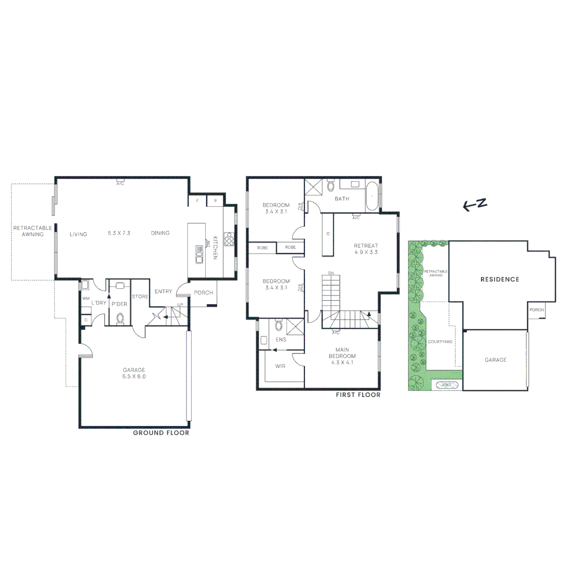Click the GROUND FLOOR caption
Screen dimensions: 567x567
(161, 433)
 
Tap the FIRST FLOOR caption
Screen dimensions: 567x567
(358, 395)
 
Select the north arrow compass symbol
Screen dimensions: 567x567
(475, 205)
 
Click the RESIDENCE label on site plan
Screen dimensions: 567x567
(500, 279)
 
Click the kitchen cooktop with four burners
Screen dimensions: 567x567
(228, 239)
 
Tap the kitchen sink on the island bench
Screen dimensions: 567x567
(199, 254)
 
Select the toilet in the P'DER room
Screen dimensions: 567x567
(120, 318)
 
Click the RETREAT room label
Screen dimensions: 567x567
(366, 246)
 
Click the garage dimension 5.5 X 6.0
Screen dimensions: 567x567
(133, 376)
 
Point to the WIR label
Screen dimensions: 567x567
(280, 366)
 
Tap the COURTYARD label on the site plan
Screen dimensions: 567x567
(440, 342)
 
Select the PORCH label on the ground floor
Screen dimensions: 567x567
(203, 293)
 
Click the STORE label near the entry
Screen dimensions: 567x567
(140, 297)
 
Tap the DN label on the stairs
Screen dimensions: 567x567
(331, 274)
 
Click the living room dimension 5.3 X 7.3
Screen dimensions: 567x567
(119, 233)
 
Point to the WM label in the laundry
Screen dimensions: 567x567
(86, 298)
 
